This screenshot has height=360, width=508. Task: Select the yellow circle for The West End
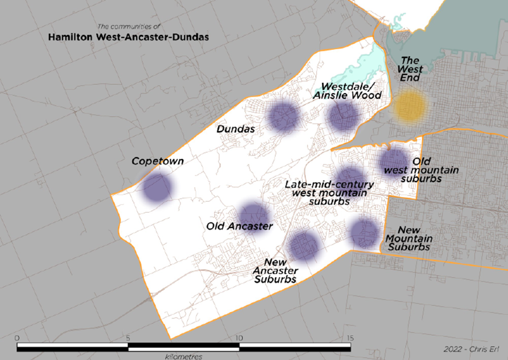(409, 106)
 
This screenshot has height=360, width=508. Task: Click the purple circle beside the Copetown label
(157, 187)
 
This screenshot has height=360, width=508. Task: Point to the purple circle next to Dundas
(283, 116)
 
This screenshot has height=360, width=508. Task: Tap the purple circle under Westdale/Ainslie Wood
(343, 116)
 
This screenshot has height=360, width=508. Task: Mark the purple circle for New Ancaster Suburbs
(304, 245)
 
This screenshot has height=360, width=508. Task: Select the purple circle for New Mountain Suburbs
(365, 233)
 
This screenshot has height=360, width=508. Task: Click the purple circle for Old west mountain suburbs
(394, 161)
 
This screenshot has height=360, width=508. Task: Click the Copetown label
(157, 161)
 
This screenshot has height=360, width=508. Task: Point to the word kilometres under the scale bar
(183, 356)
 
